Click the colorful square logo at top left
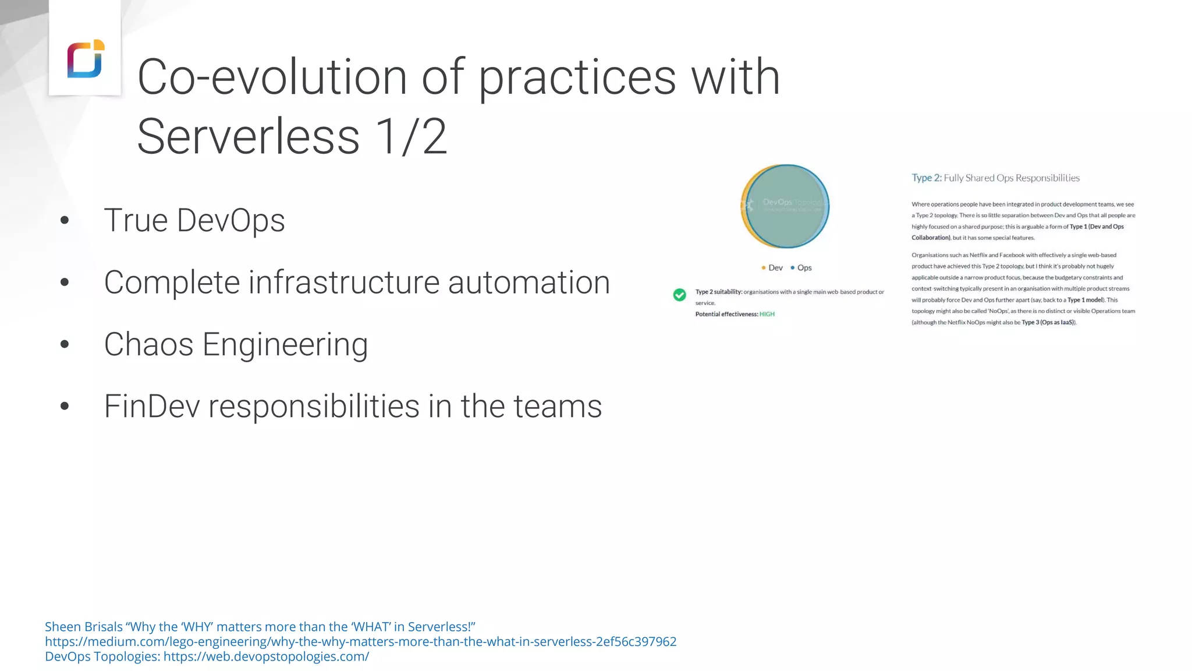[x=86, y=58]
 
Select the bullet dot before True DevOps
[x=65, y=221]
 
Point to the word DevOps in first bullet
[x=230, y=221]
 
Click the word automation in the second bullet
[x=528, y=282]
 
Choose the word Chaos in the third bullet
[x=148, y=344]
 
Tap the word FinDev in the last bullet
[x=152, y=407]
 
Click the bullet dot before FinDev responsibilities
[x=65, y=407]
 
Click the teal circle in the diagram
[x=787, y=206]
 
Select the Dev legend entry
[x=772, y=268]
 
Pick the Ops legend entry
[x=801, y=268]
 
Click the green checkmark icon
[x=679, y=295]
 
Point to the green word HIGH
[x=767, y=314]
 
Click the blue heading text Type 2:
[x=926, y=178]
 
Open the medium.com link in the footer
[x=360, y=642]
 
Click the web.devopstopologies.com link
[x=266, y=656]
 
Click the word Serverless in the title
[x=249, y=136]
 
